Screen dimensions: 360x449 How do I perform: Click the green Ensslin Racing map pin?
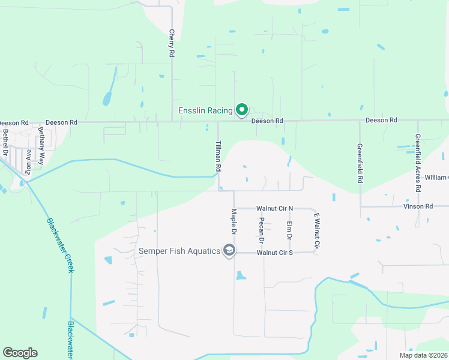241,109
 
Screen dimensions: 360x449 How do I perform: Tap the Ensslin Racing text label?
205,110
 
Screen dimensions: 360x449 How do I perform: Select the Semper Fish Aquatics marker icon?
229,250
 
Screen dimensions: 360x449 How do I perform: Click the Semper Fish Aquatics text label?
179,251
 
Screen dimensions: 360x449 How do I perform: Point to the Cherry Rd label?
172,43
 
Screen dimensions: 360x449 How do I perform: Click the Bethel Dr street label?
5,142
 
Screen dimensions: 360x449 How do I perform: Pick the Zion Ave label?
28,161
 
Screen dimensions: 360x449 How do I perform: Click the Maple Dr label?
234,221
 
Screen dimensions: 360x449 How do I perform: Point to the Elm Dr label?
289,231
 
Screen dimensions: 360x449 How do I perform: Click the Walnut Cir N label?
274,208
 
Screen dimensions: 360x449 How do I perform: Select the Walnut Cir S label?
274,253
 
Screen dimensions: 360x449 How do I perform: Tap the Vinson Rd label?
418,206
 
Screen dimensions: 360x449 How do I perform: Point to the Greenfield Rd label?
360,163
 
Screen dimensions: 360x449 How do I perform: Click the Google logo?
20,353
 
